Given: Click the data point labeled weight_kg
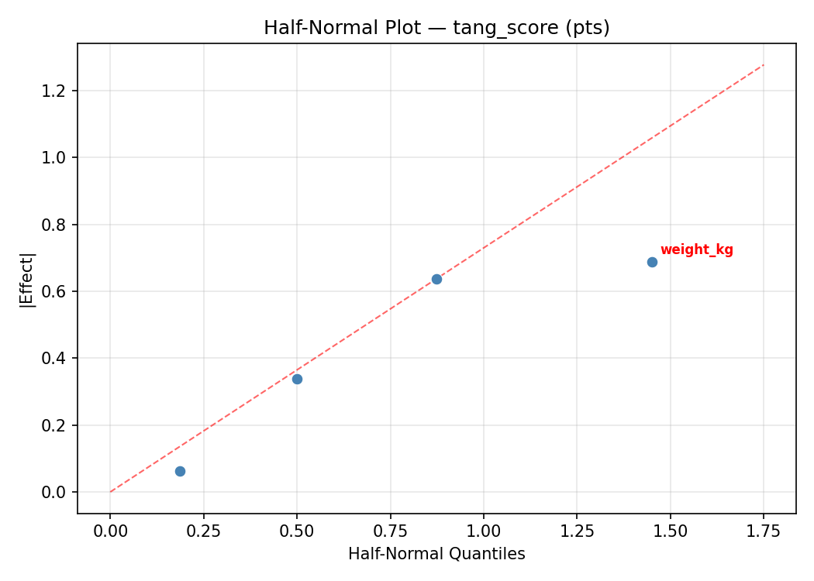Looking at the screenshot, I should click(x=652, y=262).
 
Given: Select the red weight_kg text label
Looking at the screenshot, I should click(x=696, y=250).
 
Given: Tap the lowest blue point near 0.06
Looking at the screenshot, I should click(x=180, y=471).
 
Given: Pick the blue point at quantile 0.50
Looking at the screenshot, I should click(x=297, y=379).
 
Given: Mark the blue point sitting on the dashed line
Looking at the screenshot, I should click(x=436, y=279).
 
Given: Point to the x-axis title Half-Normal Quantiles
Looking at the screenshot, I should click(x=436, y=554).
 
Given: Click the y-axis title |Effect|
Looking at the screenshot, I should click(x=27, y=279).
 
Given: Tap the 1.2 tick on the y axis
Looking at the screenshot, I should click(x=59, y=91).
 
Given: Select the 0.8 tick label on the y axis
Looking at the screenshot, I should click(x=59, y=225).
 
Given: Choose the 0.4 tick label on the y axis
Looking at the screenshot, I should click(x=59, y=359).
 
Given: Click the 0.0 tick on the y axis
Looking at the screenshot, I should click(x=59, y=493).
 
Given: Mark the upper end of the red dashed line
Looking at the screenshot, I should click(x=764, y=64).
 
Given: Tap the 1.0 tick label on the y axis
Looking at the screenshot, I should click(x=59, y=158).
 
